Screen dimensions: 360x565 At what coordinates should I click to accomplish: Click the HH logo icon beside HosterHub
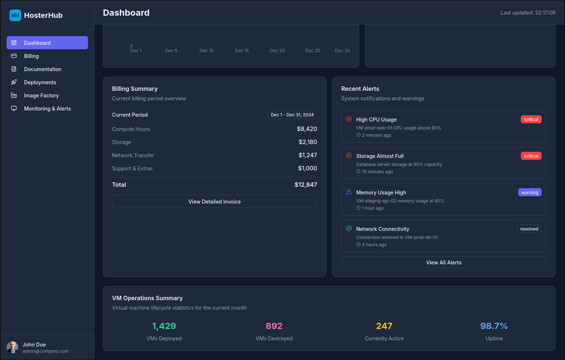point(15,15)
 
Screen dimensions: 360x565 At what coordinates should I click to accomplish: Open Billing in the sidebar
point(31,56)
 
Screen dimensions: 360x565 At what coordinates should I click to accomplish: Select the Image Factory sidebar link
point(41,96)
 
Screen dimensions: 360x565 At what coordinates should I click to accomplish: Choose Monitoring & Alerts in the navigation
point(47,109)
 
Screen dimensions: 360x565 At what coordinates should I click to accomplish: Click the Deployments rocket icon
point(14,82)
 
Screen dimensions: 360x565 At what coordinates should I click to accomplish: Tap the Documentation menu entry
point(42,69)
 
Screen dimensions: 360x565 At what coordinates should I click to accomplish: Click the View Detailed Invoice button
point(214,202)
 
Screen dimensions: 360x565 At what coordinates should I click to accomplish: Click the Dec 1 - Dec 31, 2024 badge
point(292,115)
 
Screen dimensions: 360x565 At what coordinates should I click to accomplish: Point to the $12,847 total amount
point(305,185)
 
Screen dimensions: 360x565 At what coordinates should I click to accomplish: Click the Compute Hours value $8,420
point(307,129)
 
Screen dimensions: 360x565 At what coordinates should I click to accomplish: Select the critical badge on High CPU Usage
point(531,120)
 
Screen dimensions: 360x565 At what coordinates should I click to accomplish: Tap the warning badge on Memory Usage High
point(530,193)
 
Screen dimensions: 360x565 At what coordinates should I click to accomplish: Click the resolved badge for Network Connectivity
point(529,229)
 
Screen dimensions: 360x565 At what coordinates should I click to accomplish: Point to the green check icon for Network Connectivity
point(349,229)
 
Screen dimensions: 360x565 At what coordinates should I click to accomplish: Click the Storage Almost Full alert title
point(380,156)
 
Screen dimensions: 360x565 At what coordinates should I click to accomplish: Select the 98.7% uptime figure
point(494,326)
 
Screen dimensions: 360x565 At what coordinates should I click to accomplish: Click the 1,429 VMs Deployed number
point(164,326)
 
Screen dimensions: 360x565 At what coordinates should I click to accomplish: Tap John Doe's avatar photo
point(12,347)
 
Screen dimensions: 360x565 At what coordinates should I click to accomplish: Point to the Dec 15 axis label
point(242,51)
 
